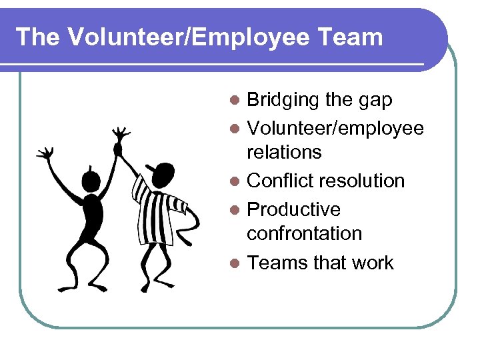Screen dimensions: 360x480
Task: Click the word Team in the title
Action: (350, 37)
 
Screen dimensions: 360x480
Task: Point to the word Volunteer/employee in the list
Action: (335, 127)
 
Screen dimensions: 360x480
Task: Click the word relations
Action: (284, 152)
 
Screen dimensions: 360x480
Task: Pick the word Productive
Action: (294, 209)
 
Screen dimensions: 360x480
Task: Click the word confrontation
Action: (305, 233)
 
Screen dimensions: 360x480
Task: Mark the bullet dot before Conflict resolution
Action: (234, 181)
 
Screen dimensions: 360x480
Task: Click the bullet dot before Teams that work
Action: (234, 263)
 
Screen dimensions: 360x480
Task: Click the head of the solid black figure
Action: (91, 179)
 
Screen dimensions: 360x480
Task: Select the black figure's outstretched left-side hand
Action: (45, 154)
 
